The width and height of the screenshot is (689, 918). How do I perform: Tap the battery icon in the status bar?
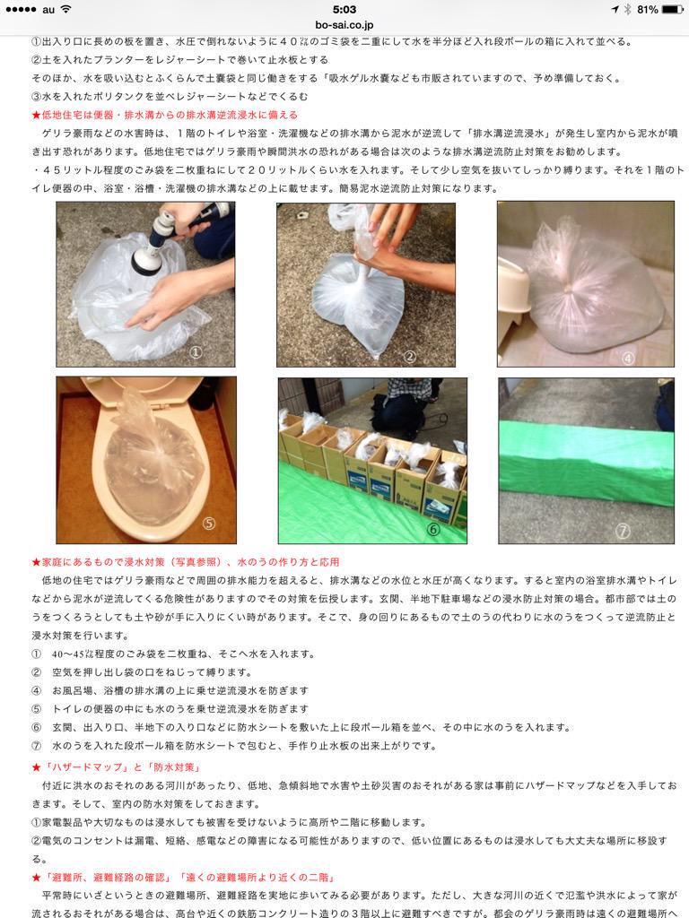[x=671, y=9]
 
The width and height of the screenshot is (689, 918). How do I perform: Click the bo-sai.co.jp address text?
[x=344, y=24]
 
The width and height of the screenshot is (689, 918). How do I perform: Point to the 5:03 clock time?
[x=344, y=9]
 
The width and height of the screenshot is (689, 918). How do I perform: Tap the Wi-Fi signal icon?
[x=65, y=9]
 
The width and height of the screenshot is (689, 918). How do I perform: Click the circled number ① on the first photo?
[x=196, y=351]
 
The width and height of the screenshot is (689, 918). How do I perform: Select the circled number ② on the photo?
[x=409, y=357]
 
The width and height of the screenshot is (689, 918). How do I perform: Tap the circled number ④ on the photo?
[x=628, y=358]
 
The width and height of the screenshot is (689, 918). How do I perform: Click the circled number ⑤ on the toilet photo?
[x=208, y=523]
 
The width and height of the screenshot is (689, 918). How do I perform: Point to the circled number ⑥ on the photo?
[x=433, y=529]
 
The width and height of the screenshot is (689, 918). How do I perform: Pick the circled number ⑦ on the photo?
[x=623, y=531]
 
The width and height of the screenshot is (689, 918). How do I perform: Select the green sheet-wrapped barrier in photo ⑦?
[x=586, y=463]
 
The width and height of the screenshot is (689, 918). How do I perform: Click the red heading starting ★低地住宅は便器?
[x=165, y=115]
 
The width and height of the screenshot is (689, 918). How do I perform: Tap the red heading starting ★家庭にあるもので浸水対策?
[x=186, y=562]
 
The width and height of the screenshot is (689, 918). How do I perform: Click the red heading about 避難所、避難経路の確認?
[x=183, y=877]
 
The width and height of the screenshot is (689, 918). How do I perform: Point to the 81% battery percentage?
[x=648, y=9]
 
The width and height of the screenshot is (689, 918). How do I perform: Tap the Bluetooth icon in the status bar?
[x=627, y=9]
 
